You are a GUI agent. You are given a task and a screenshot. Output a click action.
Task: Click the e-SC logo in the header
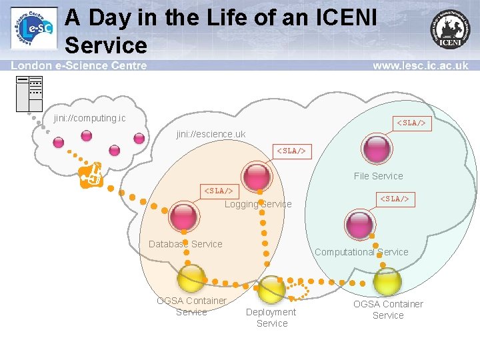coord(33,29)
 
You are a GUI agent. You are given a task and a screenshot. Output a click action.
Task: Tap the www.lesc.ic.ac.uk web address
coord(420,65)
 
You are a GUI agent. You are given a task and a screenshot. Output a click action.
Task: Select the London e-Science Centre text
coord(79,65)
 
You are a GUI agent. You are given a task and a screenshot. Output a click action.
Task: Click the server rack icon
coord(29,93)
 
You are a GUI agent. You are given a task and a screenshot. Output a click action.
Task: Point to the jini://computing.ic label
coord(89,118)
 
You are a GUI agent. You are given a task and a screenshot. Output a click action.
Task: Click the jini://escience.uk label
coord(211,134)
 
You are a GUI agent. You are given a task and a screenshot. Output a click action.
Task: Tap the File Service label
coord(378,176)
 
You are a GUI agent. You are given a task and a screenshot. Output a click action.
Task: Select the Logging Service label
coord(257,204)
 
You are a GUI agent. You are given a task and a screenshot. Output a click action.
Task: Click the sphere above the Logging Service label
coord(257,175)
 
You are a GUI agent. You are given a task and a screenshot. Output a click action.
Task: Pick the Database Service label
coord(185,244)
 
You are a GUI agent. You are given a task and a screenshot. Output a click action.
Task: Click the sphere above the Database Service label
coord(183,215)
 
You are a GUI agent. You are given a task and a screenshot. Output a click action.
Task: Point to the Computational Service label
coord(361,252)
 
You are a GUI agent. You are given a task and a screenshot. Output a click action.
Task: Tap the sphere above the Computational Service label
coord(360,223)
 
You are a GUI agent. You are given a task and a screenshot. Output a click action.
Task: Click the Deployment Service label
coord(271,317)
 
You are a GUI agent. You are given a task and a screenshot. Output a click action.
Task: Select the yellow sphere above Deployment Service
coord(271,288)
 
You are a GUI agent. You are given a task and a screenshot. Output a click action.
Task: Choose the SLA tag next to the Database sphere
coord(218,191)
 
